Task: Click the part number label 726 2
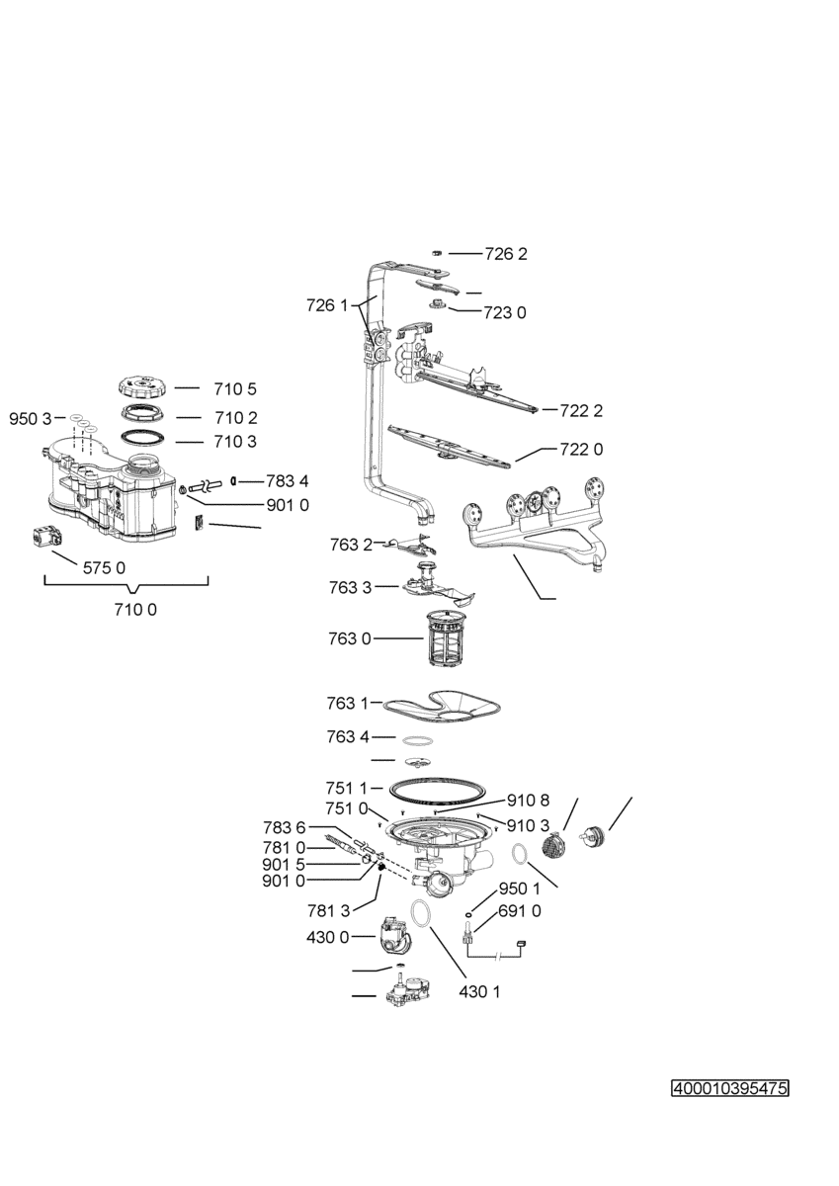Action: [x=506, y=254]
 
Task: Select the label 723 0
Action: [x=505, y=313]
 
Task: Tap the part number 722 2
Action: [x=581, y=411]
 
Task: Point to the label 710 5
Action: [x=235, y=389]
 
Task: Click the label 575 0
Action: [x=105, y=568]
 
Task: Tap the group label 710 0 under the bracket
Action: [x=135, y=610]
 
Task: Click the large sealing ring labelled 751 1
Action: [x=437, y=806]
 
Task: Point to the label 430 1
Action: [x=479, y=991]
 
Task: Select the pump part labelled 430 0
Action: [x=393, y=937]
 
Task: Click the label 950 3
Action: [x=31, y=419]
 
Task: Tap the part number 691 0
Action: [x=520, y=911]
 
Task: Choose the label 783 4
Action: [x=287, y=481]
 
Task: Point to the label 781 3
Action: [x=329, y=910]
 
